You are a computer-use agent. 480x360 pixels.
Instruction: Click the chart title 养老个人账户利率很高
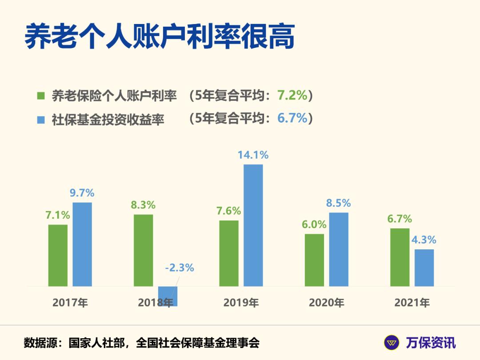(160, 36)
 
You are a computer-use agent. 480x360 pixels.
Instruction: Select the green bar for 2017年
(58, 255)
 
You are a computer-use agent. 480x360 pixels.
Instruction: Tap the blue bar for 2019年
(253, 225)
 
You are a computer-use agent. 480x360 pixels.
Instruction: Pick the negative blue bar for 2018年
(168, 296)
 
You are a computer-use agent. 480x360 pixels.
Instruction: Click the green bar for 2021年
(400, 257)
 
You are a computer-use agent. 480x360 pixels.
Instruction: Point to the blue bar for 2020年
(339, 249)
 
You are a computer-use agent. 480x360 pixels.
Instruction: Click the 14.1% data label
(253, 155)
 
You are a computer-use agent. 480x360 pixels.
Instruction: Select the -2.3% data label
(180, 268)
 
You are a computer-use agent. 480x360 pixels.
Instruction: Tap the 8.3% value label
(143, 205)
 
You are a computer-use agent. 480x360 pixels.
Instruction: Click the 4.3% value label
(424, 240)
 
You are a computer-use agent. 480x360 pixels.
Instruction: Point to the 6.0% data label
(314, 224)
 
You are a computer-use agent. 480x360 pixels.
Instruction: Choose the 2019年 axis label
(241, 303)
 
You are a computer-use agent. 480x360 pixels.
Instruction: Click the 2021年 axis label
(412, 303)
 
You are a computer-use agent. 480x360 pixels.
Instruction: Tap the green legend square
(41, 96)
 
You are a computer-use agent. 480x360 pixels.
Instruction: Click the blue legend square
(41, 120)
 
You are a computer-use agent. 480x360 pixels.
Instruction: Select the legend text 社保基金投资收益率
(108, 120)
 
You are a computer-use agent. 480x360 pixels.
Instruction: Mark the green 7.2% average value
(292, 95)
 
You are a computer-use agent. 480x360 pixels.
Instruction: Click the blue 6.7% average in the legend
(292, 118)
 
